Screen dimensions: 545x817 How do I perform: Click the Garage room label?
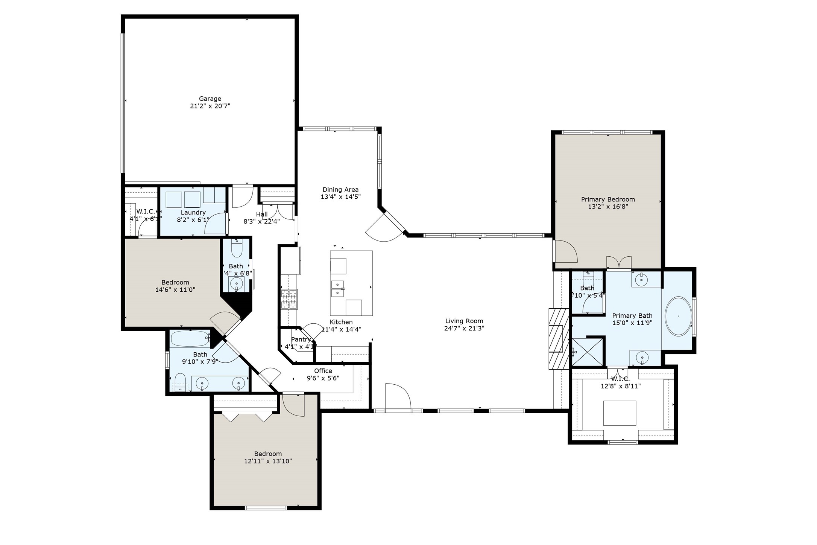tap(210, 99)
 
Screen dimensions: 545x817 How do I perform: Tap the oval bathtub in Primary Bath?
tap(678, 317)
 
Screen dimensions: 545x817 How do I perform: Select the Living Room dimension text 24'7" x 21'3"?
tap(464, 328)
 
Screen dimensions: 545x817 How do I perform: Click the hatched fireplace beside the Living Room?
tap(559, 339)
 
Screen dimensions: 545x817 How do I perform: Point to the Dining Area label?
tap(340, 190)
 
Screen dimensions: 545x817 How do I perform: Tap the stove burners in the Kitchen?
tap(289, 299)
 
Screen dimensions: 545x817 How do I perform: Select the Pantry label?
tap(301, 339)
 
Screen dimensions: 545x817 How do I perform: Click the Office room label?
tap(323, 371)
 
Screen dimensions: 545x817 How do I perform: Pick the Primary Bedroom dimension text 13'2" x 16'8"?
tap(608, 207)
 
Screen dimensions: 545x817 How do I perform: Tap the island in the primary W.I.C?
tap(620, 413)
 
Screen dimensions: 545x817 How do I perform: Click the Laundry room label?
tap(193, 213)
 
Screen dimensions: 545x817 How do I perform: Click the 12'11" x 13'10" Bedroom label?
tap(268, 454)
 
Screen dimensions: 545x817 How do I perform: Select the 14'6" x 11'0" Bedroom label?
tap(175, 282)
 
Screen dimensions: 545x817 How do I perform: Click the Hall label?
tap(262, 215)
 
